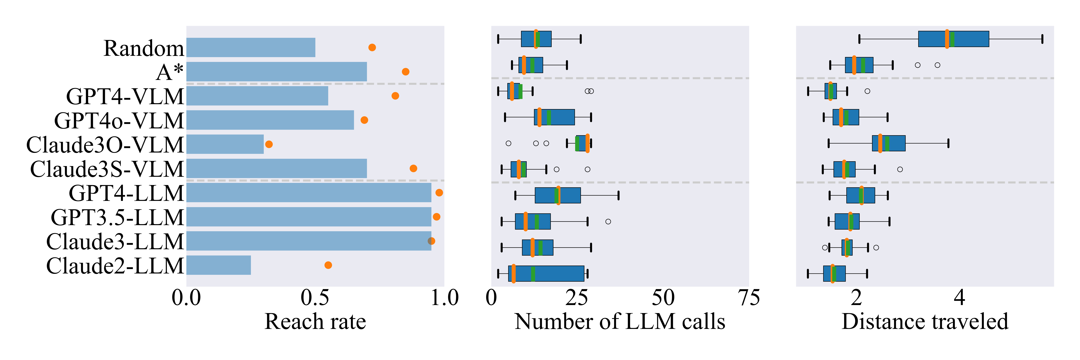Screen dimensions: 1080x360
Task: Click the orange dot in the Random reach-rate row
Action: tap(372, 47)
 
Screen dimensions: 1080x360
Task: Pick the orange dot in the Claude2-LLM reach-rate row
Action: tap(328, 265)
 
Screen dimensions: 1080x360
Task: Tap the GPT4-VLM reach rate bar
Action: tap(257, 96)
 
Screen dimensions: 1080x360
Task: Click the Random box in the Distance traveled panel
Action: tap(953, 39)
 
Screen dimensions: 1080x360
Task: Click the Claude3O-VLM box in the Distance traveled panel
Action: tap(888, 143)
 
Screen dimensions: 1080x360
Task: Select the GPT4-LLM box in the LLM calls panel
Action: tap(558, 195)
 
